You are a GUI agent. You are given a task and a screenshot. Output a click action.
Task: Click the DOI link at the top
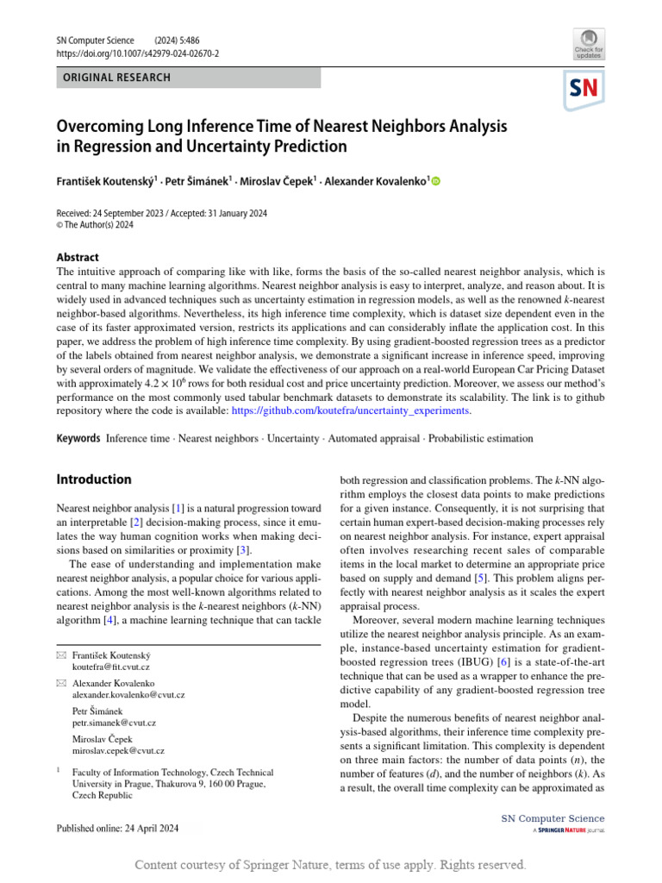pyautogui.click(x=137, y=53)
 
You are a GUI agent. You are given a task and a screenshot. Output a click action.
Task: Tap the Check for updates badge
pyautogui.click(x=588, y=44)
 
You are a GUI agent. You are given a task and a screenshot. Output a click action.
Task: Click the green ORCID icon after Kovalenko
pyautogui.click(x=435, y=181)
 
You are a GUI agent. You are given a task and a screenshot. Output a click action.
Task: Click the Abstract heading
pyautogui.click(x=78, y=257)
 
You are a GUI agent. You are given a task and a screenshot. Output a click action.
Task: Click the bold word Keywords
pyautogui.click(x=78, y=439)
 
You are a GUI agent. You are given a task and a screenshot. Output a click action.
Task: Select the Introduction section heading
pyautogui.click(x=94, y=479)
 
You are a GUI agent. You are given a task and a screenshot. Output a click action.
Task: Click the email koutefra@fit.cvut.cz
pyautogui.click(x=111, y=667)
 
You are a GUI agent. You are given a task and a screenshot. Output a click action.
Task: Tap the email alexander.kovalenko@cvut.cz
pyautogui.click(x=128, y=694)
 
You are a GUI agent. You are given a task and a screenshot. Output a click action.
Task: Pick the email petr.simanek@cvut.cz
pyautogui.click(x=115, y=723)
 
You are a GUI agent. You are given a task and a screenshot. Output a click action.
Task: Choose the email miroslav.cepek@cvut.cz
pyautogui.click(x=119, y=751)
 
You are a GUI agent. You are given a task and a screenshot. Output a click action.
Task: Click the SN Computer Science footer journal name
pyautogui.click(x=553, y=818)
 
